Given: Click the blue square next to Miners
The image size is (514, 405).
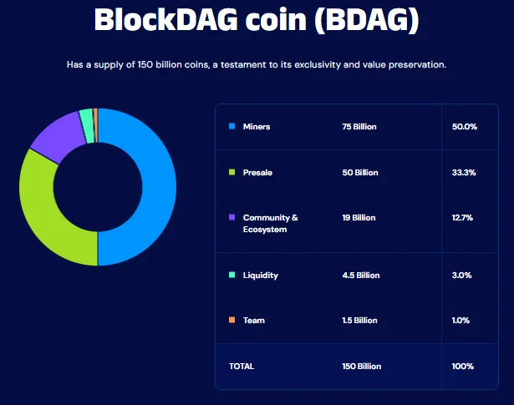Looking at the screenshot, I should (x=232, y=126).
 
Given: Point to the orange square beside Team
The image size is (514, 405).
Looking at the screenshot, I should (x=232, y=320).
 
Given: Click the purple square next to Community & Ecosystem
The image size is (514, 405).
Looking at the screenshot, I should (x=232, y=217).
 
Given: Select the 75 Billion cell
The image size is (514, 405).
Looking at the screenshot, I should (x=359, y=127).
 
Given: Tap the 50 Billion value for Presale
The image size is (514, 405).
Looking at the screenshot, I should (x=359, y=173).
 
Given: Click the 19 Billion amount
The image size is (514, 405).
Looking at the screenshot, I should (x=359, y=218).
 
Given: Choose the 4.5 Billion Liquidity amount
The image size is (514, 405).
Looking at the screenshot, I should (x=361, y=276).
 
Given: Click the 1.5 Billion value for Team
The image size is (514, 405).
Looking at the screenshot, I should (x=360, y=321).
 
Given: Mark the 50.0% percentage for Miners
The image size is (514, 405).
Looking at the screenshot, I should (x=464, y=127).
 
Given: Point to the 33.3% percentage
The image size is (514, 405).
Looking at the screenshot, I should (x=463, y=173).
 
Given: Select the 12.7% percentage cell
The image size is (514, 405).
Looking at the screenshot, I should (x=463, y=218).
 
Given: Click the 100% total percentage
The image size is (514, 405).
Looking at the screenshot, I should (x=463, y=367).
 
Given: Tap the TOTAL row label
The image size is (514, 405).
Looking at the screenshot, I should (x=242, y=367).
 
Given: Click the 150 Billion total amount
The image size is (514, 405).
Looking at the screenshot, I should (x=362, y=367).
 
